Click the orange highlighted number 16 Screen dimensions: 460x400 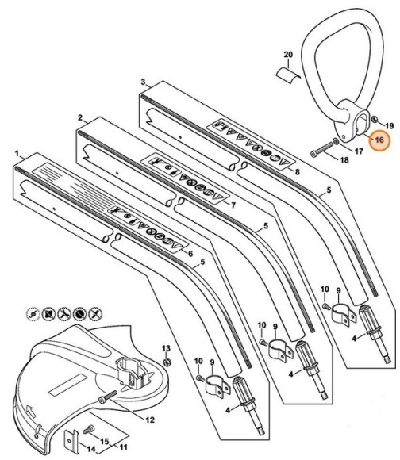coord(379,140)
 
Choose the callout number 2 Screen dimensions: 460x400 coord(80,117)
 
